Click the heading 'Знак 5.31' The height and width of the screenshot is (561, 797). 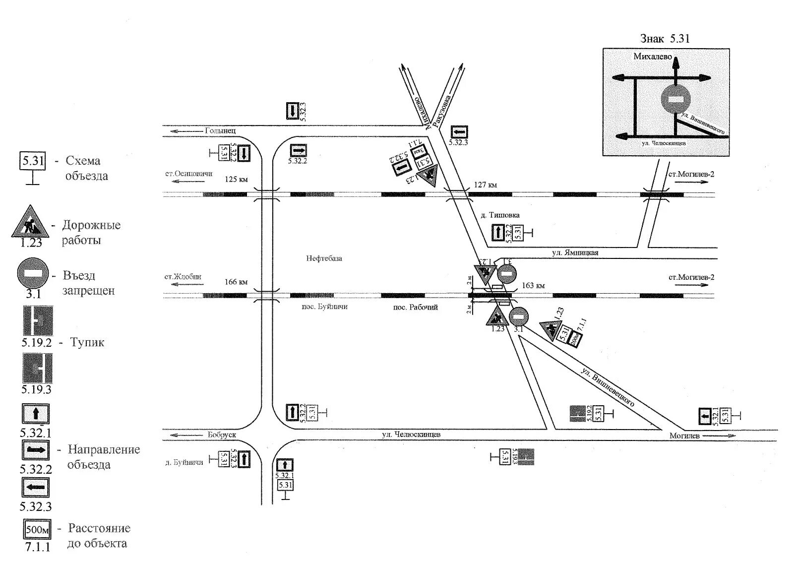point(665,39)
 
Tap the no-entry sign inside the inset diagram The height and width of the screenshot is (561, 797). point(675,99)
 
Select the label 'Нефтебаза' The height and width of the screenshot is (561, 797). point(324,258)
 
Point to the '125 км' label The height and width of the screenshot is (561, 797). point(236,179)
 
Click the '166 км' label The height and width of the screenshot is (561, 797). point(236,282)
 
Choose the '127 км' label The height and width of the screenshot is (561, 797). point(485,185)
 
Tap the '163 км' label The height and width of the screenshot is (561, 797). point(533,286)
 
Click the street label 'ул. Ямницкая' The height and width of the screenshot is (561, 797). point(575,253)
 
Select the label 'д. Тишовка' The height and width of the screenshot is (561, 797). point(500,215)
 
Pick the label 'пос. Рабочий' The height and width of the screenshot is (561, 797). point(415,308)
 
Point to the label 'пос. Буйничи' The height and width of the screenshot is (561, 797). point(324,307)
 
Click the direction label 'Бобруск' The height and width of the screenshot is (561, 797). point(222,435)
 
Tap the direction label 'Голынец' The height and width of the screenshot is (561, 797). point(220,131)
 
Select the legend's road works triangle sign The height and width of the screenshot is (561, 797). point(30,223)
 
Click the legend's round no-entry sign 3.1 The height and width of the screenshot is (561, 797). point(33,273)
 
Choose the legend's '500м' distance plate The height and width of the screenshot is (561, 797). point(37,530)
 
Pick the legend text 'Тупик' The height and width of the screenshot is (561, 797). point(87,342)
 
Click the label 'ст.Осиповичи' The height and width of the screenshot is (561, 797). point(188,174)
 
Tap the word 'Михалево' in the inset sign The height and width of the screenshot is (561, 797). point(652,57)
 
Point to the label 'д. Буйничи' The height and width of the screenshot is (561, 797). point(184,462)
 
